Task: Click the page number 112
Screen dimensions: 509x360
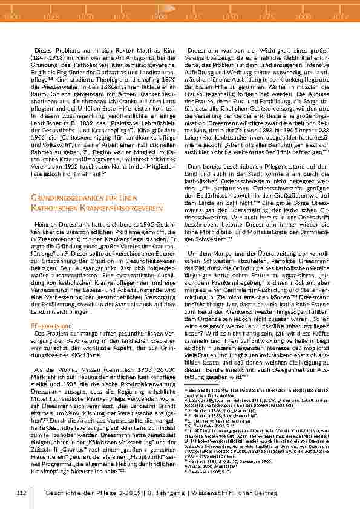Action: [22, 494]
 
